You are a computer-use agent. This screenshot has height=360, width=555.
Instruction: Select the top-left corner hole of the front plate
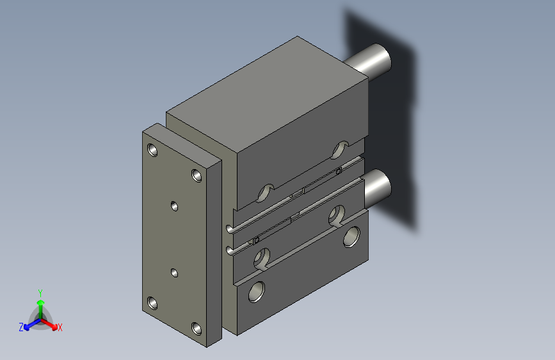click(x=152, y=151)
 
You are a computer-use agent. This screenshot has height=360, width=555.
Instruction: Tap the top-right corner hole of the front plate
click(x=197, y=175)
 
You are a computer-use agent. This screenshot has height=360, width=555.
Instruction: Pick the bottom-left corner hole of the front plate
click(x=152, y=302)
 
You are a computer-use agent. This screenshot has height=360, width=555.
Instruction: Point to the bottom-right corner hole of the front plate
click(x=197, y=329)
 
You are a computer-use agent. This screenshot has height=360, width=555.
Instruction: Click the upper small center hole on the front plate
click(x=174, y=206)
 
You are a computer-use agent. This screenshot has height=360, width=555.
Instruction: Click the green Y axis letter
click(x=40, y=291)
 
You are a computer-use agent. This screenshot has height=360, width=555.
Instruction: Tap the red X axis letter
click(x=60, y=328)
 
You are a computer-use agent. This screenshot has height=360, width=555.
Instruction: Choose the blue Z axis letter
click(x=21, y=327)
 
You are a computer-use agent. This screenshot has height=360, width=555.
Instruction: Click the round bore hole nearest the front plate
click(x=257, y=291)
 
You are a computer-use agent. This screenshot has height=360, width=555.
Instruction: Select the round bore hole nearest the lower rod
click(x=351, y=238)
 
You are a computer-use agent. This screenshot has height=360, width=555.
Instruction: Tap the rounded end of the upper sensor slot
click(x=230, y=228)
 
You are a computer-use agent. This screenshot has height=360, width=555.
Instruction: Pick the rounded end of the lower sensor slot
click(x=230, y=250)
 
